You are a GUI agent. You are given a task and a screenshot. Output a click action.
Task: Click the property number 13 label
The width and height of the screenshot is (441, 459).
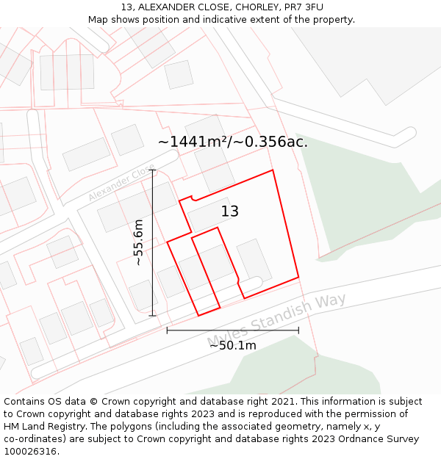pos(230,212)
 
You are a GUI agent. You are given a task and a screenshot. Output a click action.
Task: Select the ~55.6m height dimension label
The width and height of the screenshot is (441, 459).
pos(137,242)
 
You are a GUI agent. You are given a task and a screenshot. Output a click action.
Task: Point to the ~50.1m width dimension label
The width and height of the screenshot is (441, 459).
pos(233,345)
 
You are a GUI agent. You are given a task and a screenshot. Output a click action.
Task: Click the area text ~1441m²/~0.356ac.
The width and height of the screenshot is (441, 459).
pos(233,142)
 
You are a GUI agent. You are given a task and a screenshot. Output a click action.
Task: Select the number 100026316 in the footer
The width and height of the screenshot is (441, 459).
pos(29,452)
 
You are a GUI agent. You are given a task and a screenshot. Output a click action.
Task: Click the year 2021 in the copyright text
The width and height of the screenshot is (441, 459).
pos(282,402)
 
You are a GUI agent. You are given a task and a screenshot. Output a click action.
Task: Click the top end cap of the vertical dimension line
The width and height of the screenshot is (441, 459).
pos(153,170)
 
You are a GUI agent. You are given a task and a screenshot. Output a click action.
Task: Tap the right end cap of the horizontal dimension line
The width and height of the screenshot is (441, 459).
pos(298,330)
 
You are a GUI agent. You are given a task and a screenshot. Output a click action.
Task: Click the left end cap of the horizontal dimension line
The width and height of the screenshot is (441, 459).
pos(168,330)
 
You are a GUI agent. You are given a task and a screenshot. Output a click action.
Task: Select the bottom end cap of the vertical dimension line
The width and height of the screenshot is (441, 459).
pos(153,316)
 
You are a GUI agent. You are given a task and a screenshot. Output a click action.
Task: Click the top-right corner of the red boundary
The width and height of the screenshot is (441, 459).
pos(273,170)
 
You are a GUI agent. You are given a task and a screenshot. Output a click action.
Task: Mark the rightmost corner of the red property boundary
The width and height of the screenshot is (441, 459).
pos(298,277)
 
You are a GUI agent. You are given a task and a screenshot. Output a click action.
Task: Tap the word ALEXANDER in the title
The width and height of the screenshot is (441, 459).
pos(163,7)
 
